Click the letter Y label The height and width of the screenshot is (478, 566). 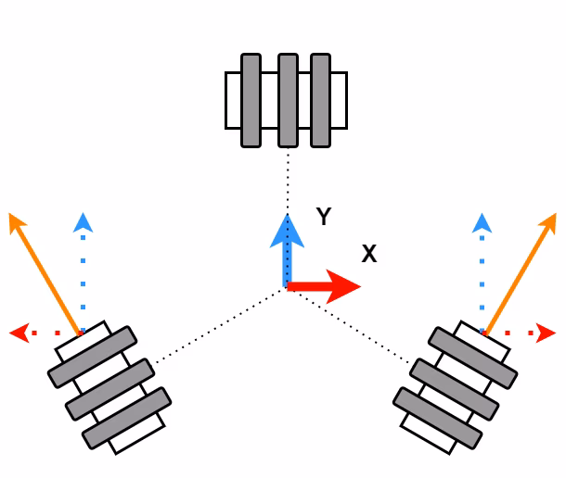point(323,218)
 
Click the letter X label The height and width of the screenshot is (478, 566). point(368,255)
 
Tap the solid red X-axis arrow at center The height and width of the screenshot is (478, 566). point(325,287)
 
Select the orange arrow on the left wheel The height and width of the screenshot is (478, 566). point(45,273)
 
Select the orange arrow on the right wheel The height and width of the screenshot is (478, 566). point(521,273)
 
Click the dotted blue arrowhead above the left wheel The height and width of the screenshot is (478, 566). point(84,222)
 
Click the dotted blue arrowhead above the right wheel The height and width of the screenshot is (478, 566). point(482,222)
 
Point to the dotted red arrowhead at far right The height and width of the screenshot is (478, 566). point(548,332)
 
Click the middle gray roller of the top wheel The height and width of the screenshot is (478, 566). point(288,100)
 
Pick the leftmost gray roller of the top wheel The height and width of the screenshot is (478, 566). point(251,100)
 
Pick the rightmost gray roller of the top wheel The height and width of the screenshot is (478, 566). point(321,100)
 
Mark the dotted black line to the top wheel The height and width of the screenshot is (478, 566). point(289,181)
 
